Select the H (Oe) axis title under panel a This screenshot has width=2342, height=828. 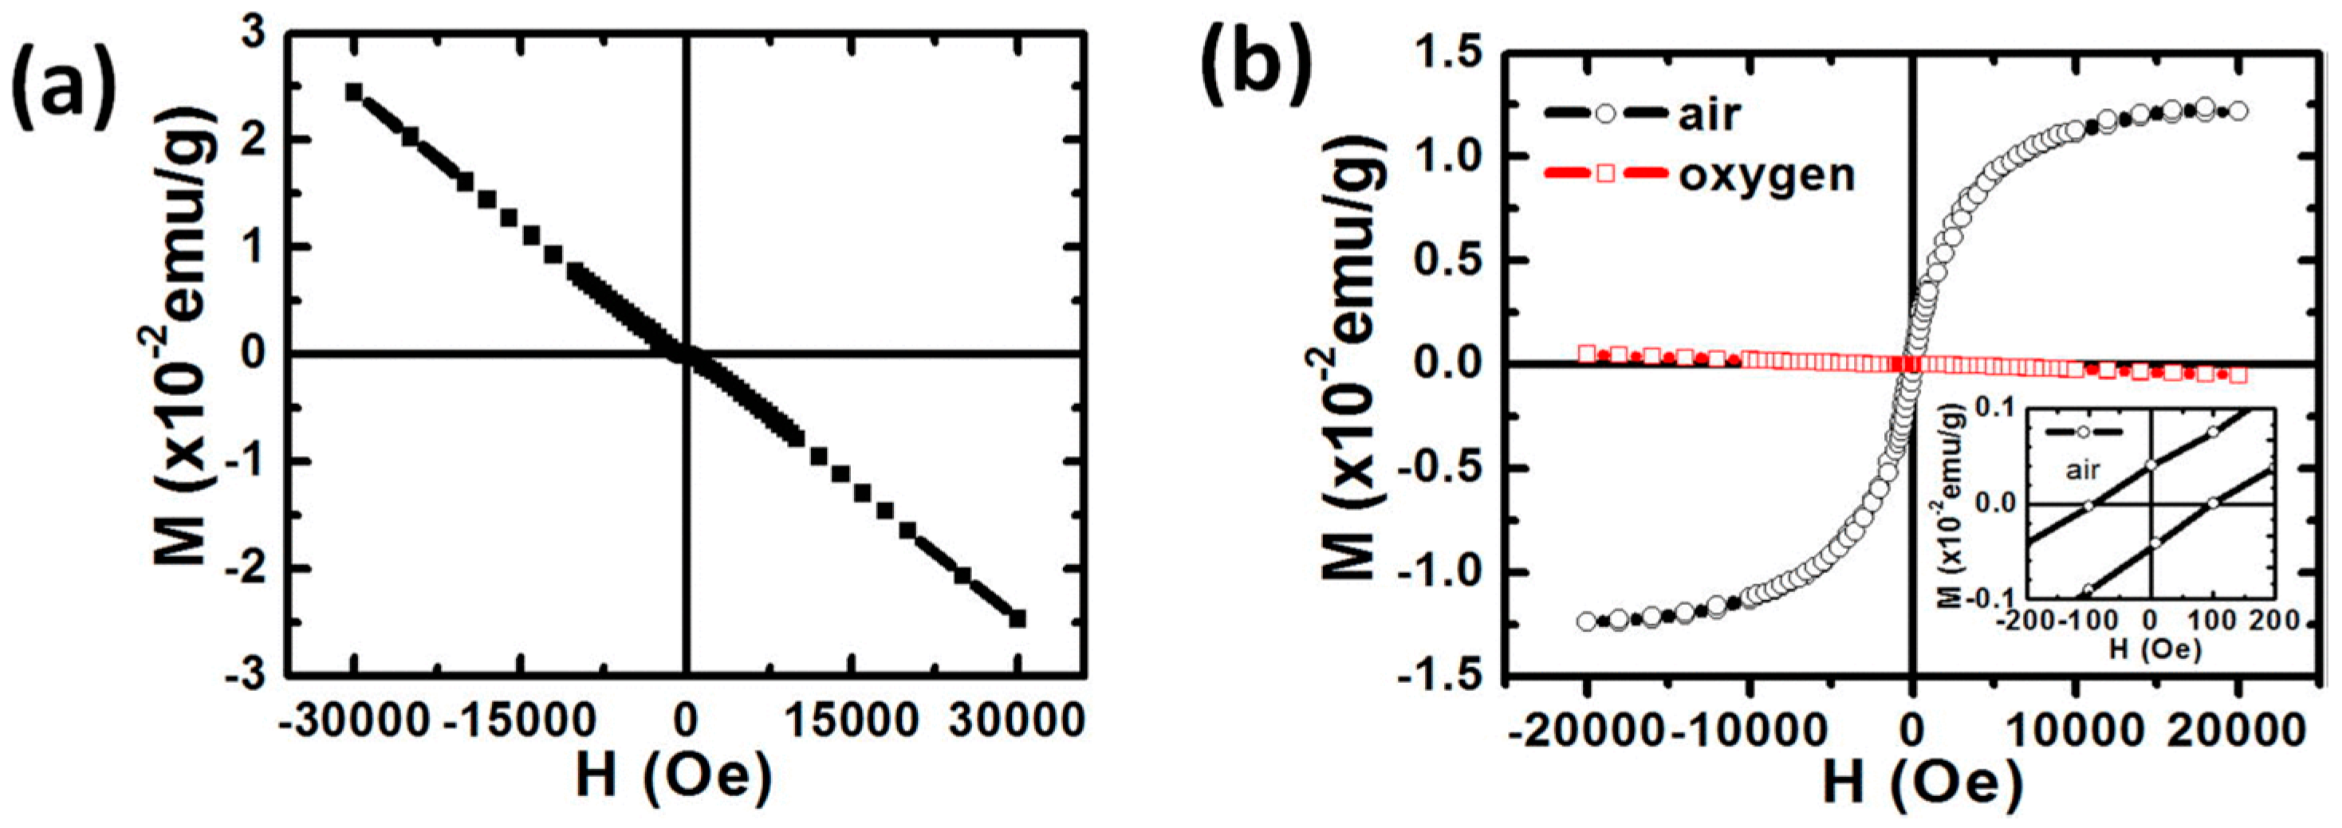(674, 779)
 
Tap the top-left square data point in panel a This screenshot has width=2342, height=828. (355, 92)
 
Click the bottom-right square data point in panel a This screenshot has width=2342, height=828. (1018, 618)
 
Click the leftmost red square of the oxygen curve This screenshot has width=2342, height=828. (1588, 354)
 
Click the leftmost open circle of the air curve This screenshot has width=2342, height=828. (1588, 621)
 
